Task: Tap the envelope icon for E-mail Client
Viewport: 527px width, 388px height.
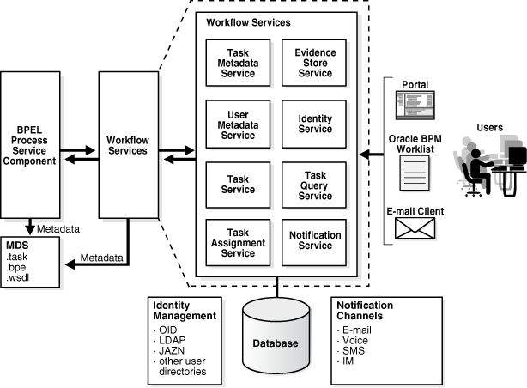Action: pos(415,227)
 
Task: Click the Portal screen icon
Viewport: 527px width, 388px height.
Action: pos(415,106)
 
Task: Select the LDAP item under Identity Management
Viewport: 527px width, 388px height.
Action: pos(171,339)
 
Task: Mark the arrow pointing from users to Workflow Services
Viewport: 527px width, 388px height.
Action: pos(371,155)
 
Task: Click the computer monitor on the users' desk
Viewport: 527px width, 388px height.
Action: pos(517,157)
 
